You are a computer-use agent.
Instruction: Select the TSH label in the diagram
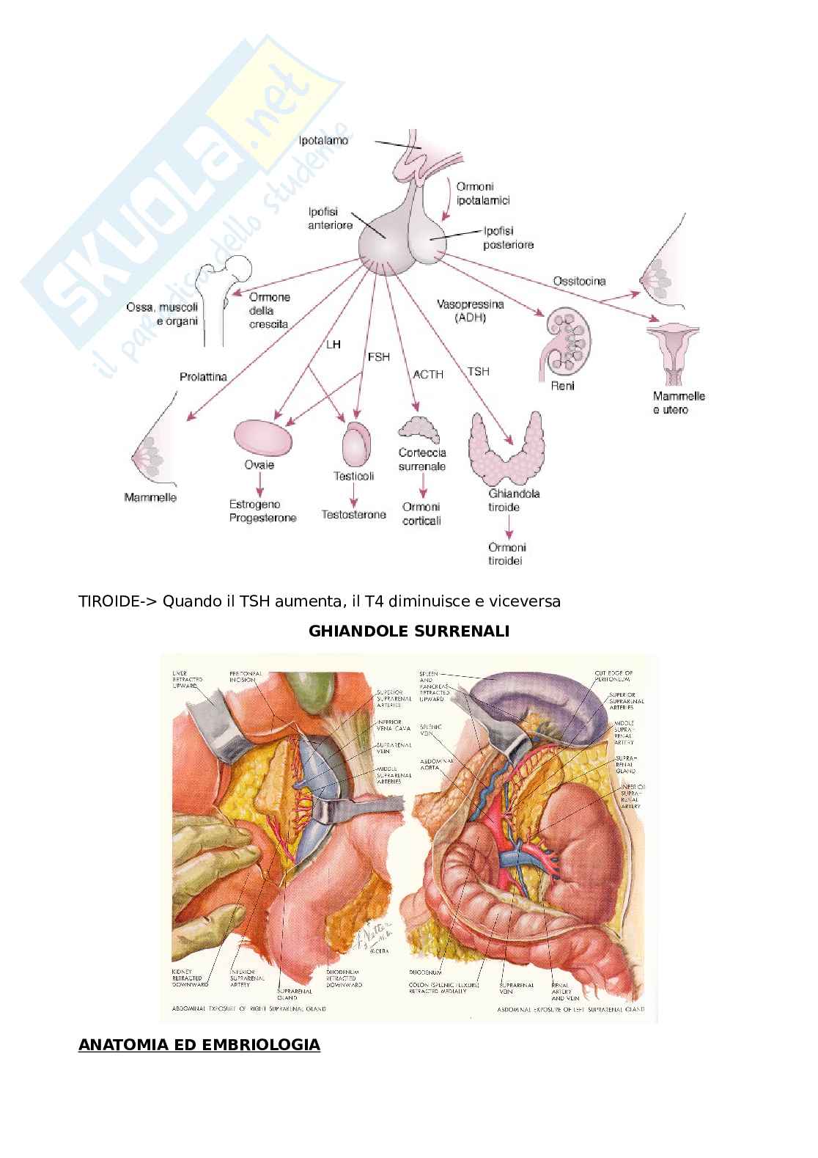(478, 372)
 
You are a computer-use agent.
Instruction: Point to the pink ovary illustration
(262, 439)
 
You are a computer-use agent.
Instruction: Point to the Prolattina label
(203, 377)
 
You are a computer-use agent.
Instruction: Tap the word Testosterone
(353, 515)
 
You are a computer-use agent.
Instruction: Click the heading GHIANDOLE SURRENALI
(409, 631)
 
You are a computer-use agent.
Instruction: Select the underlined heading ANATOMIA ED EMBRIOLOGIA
(199, 1044)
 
